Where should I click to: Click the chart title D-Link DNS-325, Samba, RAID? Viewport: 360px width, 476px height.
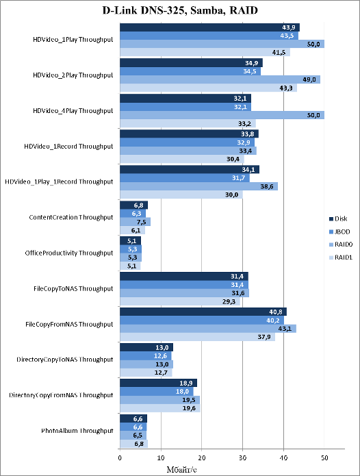180,10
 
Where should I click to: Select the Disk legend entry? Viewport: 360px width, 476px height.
338,219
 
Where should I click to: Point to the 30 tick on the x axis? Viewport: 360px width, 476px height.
242,458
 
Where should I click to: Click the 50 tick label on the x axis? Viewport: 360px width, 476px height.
324,458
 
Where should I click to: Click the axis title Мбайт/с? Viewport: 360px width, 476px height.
181,469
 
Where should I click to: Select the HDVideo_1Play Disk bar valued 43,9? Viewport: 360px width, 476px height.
209,27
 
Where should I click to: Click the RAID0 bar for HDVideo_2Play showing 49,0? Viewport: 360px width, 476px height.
220,79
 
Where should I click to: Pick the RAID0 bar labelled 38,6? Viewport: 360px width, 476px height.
199,186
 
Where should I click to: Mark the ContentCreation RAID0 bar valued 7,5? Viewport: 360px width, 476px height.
136,222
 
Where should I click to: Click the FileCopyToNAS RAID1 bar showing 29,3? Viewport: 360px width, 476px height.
180,301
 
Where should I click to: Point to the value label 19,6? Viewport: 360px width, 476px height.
189,408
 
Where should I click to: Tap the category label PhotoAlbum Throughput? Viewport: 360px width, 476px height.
77,431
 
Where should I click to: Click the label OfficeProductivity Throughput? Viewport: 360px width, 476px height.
69,253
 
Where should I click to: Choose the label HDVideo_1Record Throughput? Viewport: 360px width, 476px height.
68,147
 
